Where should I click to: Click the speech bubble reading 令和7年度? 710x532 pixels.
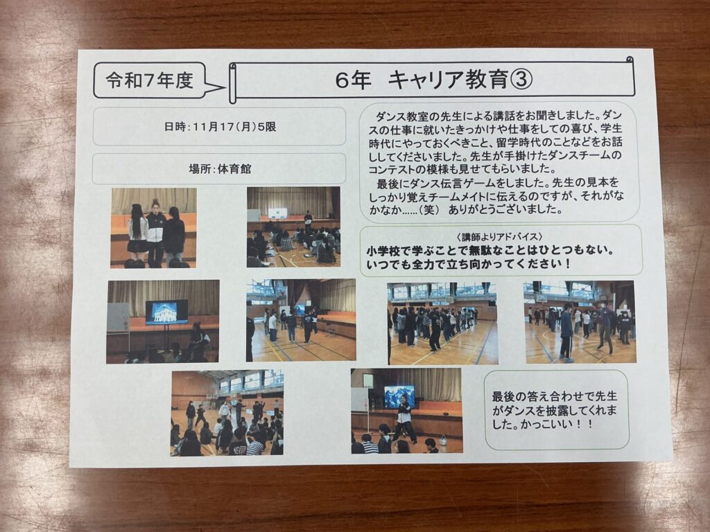tap(150, 80)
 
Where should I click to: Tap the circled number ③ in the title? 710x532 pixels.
tap(521, 80)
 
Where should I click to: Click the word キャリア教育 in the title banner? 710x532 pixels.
tap(449, 80)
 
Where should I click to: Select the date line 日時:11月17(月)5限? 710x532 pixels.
tap(220, 127)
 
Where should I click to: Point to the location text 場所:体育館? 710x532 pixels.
tap(220, 169)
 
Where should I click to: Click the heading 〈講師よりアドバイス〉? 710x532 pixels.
tap(499, 237)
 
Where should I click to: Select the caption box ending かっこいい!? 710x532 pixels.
tap(557, 410)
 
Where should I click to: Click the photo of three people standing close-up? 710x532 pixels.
tap(153, 228)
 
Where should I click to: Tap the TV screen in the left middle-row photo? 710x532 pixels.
tap(166, 312)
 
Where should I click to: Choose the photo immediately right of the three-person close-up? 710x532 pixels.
tap(293, 227)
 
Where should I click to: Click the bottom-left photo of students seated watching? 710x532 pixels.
tap(227, 413)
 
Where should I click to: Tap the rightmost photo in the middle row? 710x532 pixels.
tap(580, 321)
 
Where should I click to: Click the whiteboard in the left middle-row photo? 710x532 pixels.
tap(118, 317)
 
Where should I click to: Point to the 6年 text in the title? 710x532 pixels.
tap(354, 80)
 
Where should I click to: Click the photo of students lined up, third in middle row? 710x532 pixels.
tap(442, 323)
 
